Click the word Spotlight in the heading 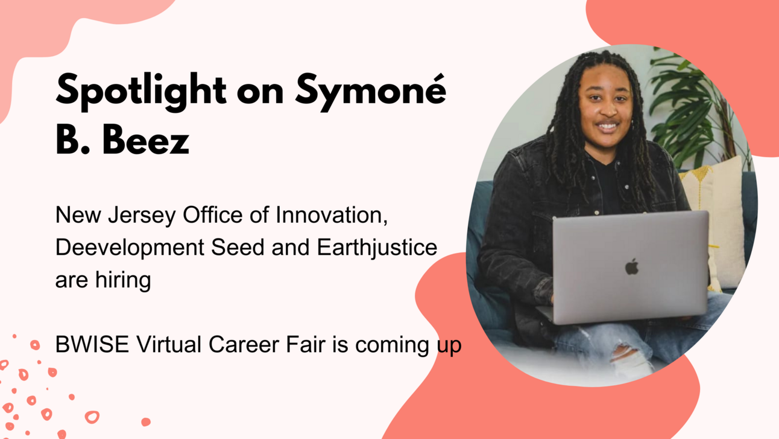[141, 91]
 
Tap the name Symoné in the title [371, 91]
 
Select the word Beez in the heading [146, 139]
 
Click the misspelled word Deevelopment [130, 248]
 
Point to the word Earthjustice [377, 248]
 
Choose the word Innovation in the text [332, 216]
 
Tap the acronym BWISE [92, 344]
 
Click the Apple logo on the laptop [631, 266]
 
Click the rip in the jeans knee [631, 359]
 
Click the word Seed [238, 248]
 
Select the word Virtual [169, 344]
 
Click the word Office [212, 216]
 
